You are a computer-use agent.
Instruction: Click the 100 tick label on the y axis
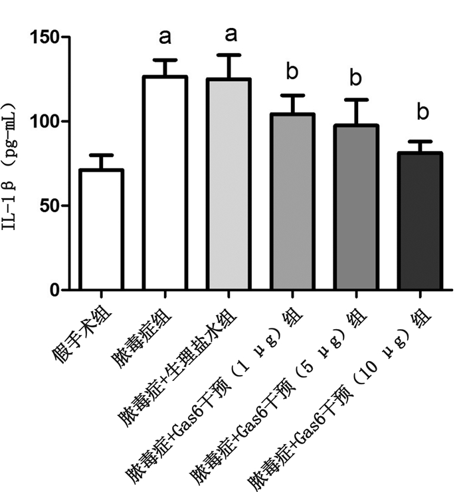click(48, 122)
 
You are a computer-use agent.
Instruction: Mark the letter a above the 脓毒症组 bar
click(165, 36)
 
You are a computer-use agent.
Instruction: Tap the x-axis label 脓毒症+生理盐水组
click(176, 362)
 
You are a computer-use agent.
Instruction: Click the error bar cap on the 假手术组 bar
click(101, 155)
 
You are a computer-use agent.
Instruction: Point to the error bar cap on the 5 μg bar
click(356, 100)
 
